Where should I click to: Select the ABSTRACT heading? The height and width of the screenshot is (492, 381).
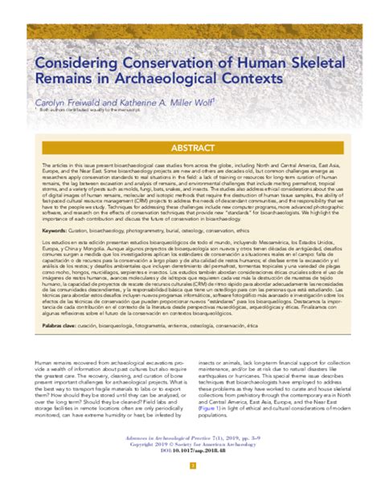[190, 148]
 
